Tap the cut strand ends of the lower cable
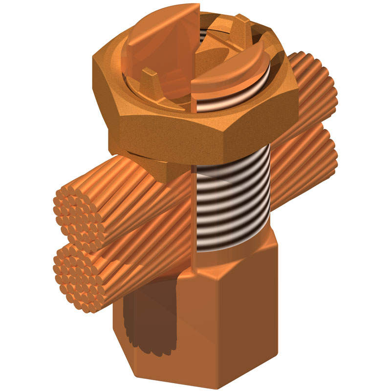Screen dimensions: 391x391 pos(78,276)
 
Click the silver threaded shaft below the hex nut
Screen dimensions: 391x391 pos(234,205)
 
